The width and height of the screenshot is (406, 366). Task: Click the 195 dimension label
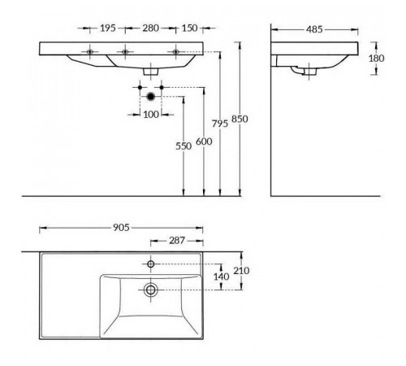[108, 28]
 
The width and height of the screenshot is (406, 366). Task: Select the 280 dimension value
[150, 28]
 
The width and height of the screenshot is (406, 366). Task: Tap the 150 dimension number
[189, 28]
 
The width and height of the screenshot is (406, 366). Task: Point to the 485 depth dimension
[314, 29]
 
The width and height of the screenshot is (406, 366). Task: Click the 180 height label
[376, 58]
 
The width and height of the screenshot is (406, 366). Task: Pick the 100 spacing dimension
[151, 115]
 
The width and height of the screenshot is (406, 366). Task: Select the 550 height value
[184, 146]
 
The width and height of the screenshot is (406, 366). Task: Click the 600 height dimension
[204, 142]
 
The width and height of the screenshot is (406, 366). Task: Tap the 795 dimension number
[220, 124]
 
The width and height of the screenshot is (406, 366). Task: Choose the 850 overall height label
[240, 119]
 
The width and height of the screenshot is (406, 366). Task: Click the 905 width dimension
[121, 228]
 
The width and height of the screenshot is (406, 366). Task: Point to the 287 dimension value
[177, 241]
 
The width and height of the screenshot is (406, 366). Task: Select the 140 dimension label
[222, 277]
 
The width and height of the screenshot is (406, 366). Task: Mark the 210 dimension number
[241, 271]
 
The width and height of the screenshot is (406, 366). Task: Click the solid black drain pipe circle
[151, 96]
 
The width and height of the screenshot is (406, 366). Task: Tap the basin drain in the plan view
[150, 290]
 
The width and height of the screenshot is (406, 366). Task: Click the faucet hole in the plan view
[151, 264]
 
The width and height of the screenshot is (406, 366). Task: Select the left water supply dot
[140, 87]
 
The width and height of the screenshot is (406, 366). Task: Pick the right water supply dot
[162, 87]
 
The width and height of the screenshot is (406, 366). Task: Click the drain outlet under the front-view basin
[150, 72]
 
